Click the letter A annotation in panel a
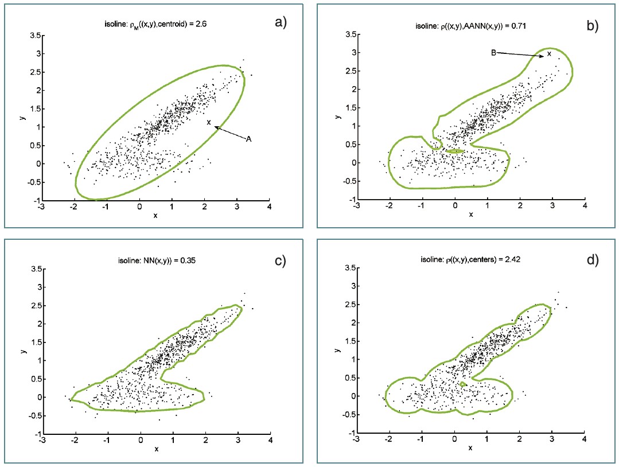(249, 139)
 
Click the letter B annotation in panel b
(493, 52)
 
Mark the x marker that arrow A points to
(209, 122)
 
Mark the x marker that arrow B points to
(549, 54)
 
